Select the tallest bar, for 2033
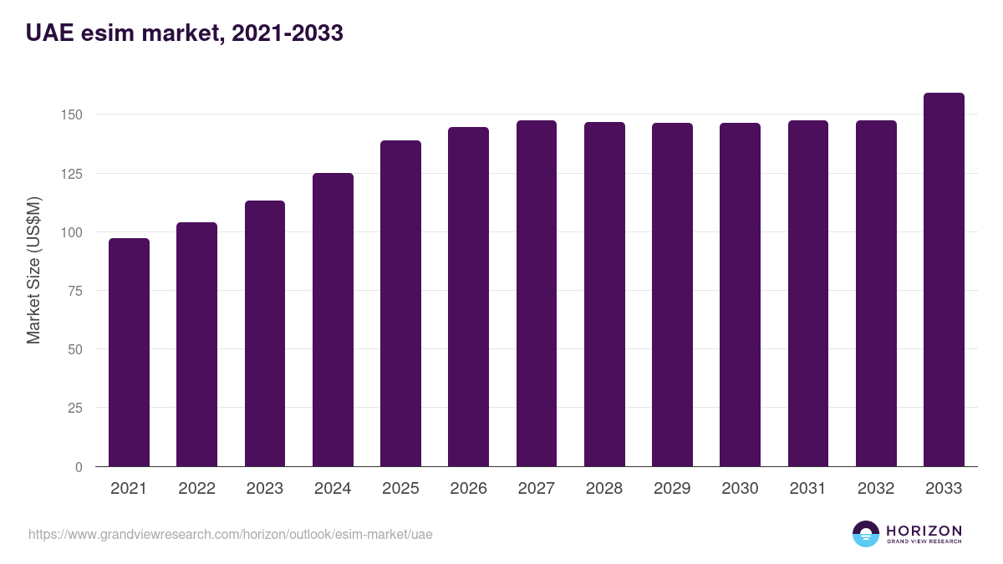(x=944, y=280)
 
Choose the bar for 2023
(x=265, y=333)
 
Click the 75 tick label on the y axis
(x=75, y=291)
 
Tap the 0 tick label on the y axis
(x=79, y=467)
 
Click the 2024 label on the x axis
(x=333, y=489)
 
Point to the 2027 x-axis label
(x=536, y=489)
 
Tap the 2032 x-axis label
(x=876, y=489)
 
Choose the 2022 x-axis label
(x=196, y=489)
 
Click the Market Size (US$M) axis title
(x=33, y=270)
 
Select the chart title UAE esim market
(x=185, y=33)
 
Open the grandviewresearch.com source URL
(x=231, y=534)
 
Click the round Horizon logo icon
(x=866, y=534)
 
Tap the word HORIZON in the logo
(x=924, y=530)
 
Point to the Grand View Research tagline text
(x=924, y=542)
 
